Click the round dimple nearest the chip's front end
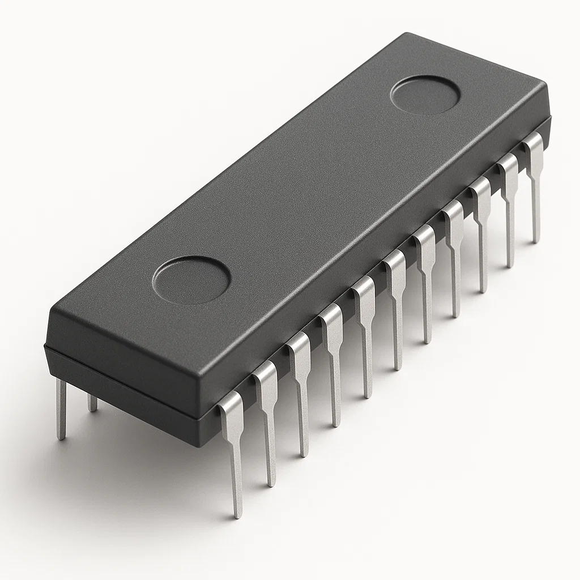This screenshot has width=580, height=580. click(x=191, y=280)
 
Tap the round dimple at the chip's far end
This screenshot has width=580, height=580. click(x=425, y=94)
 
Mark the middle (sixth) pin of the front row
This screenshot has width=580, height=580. click(x=396, y=306)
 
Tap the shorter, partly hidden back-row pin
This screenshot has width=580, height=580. click(x=92, y=403)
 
